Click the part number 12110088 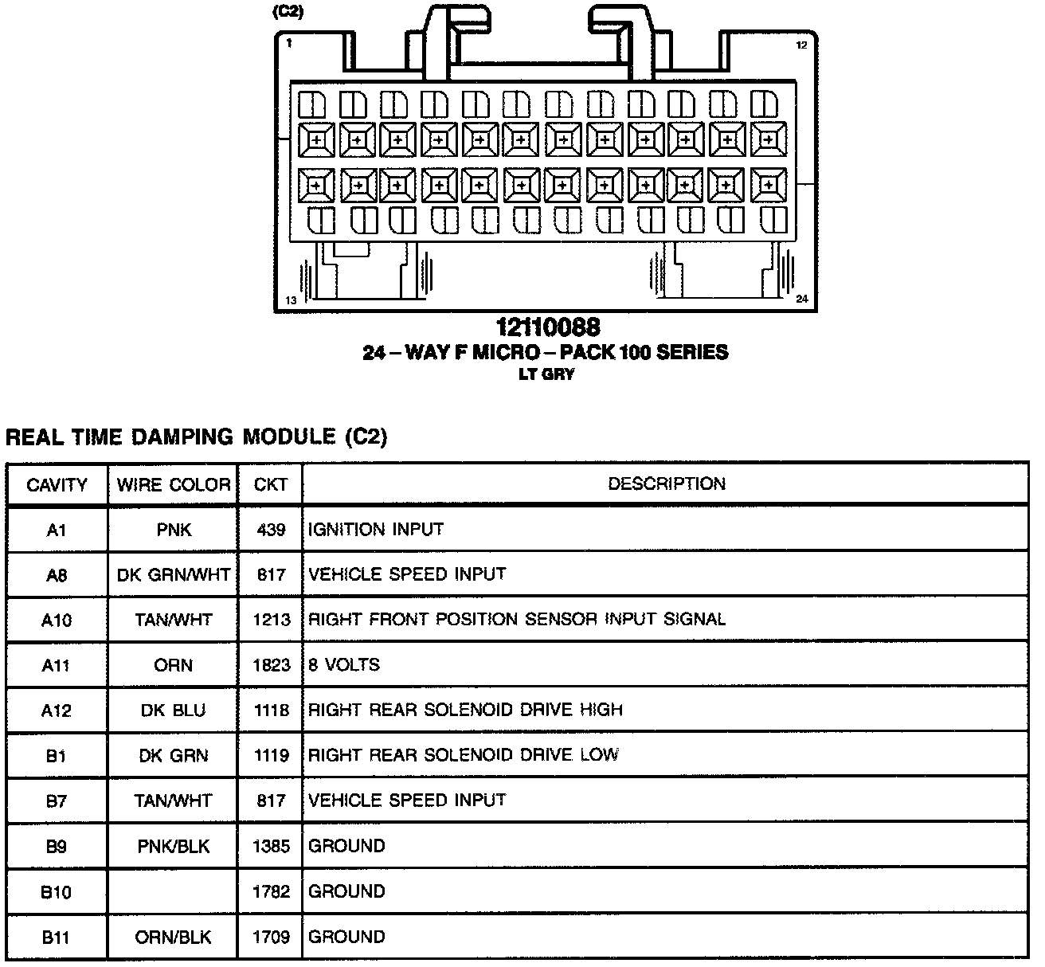pyautogui.click(x=548, y=327)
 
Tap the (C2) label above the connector pyautogui.click(x=288, y=13)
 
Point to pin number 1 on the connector pyautogui.click(x=289, y=44)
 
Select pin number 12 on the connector pyautogui.click(x=801, y=45)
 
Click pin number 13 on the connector pyautogui.click(x=291, y=300)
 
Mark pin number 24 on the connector pyautogui.click(x=801, y=299)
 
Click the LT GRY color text pyautogui.click(x=546, y=374)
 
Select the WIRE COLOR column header pyautogui.click(x=174, y=484)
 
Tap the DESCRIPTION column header pyautogui.click(x=667, y=483)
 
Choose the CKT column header pyautogui.click(x=270, y=484)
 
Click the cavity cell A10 pyautogui.click(x=56, y=620)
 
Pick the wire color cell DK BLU pyautogui.click(x=174, y=710)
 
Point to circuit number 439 pyautogui.click(x=271, y=530)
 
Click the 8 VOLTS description pyautogui.click(x=344, y=664)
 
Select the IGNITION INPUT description pyautogui.click(x=376, y=530)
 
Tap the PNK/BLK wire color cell pyautogui.click(x=174, y=846)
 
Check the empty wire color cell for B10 pyautogui.click(x=174, y=891)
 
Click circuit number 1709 pyautogui.click(x=271, y=937)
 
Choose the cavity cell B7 pyautogui.click(x=56, y=801)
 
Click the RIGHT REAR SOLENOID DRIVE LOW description pyautogui.click(x=464, y=755)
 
